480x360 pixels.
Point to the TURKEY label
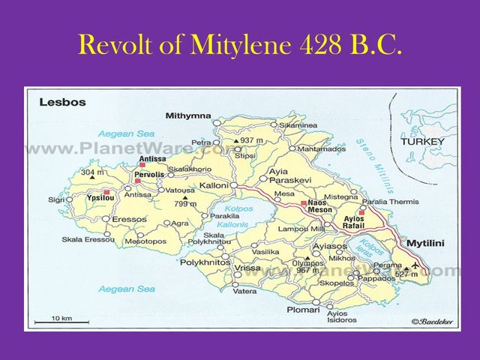coord(422,141)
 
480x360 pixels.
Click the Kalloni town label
coord(213,184)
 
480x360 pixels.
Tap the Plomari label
coord(302,309)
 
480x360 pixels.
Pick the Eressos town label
coord(129,219)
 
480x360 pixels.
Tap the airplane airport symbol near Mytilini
coord(417,265)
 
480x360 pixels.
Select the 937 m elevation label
coord(253,140)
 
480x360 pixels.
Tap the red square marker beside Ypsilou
coord(106,193)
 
